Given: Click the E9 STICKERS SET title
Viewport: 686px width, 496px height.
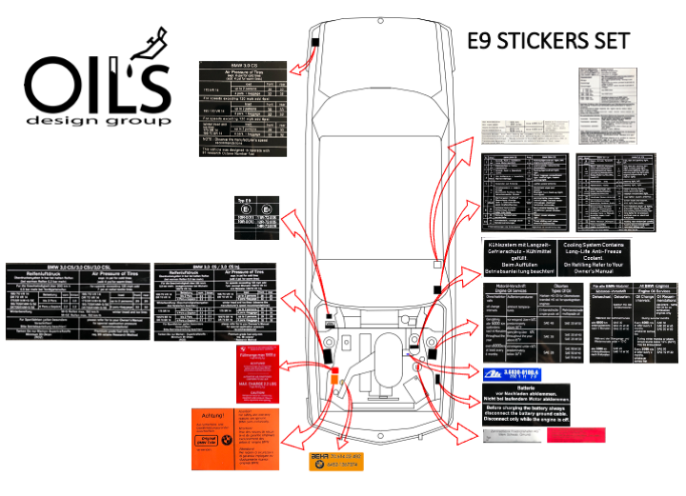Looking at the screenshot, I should pos(550,42).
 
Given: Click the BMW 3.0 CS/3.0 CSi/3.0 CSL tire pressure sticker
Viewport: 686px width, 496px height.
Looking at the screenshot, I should pos(73,300).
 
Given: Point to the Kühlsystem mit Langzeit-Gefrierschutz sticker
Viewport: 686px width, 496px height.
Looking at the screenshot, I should pos(522,257).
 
